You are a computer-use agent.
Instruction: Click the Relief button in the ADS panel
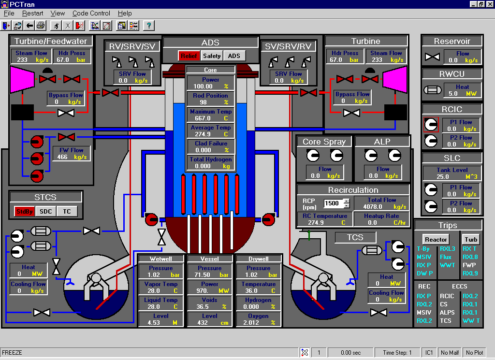(x=189, y=56)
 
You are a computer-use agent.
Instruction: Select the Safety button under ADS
(x=212, y=56)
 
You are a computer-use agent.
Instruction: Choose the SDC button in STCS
(x=45, y=211)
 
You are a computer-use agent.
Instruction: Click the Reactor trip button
(x=436, y=239)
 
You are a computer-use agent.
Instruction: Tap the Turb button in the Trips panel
(x=471, y=239)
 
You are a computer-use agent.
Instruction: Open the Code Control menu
(x=91, y=13)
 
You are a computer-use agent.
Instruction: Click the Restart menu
(x=32, y=13)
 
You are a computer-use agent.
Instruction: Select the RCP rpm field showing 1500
(x=333, y=203)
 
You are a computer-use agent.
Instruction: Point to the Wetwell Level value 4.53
(x=154, y=322)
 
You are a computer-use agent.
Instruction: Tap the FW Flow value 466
(x=62, y=157)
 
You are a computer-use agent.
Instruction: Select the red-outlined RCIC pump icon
(x=431, y=125)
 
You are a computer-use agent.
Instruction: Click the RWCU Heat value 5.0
(x=453, y=93)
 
